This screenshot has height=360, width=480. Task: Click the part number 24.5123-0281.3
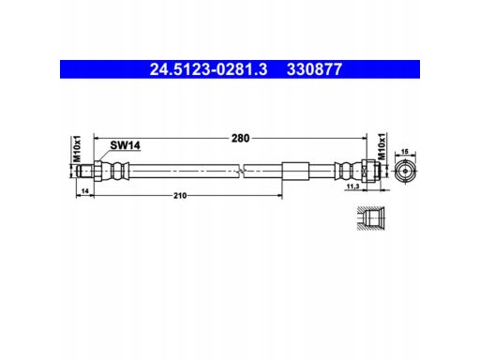pos(208,69)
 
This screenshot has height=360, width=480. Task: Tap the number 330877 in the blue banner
pos(314,69)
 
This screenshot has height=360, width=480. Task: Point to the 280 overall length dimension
pos(240,138)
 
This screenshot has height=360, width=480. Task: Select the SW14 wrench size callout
pos(125,145)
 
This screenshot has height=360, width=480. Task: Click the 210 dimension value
pos(180,196)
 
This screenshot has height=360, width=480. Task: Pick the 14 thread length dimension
pos(85,190)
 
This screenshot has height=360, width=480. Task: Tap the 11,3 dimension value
pos(353,187)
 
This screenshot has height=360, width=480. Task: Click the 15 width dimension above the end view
pos(405,152)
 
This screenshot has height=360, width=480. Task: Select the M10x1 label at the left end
pos(77,149)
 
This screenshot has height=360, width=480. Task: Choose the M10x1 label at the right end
pos(382,146)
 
